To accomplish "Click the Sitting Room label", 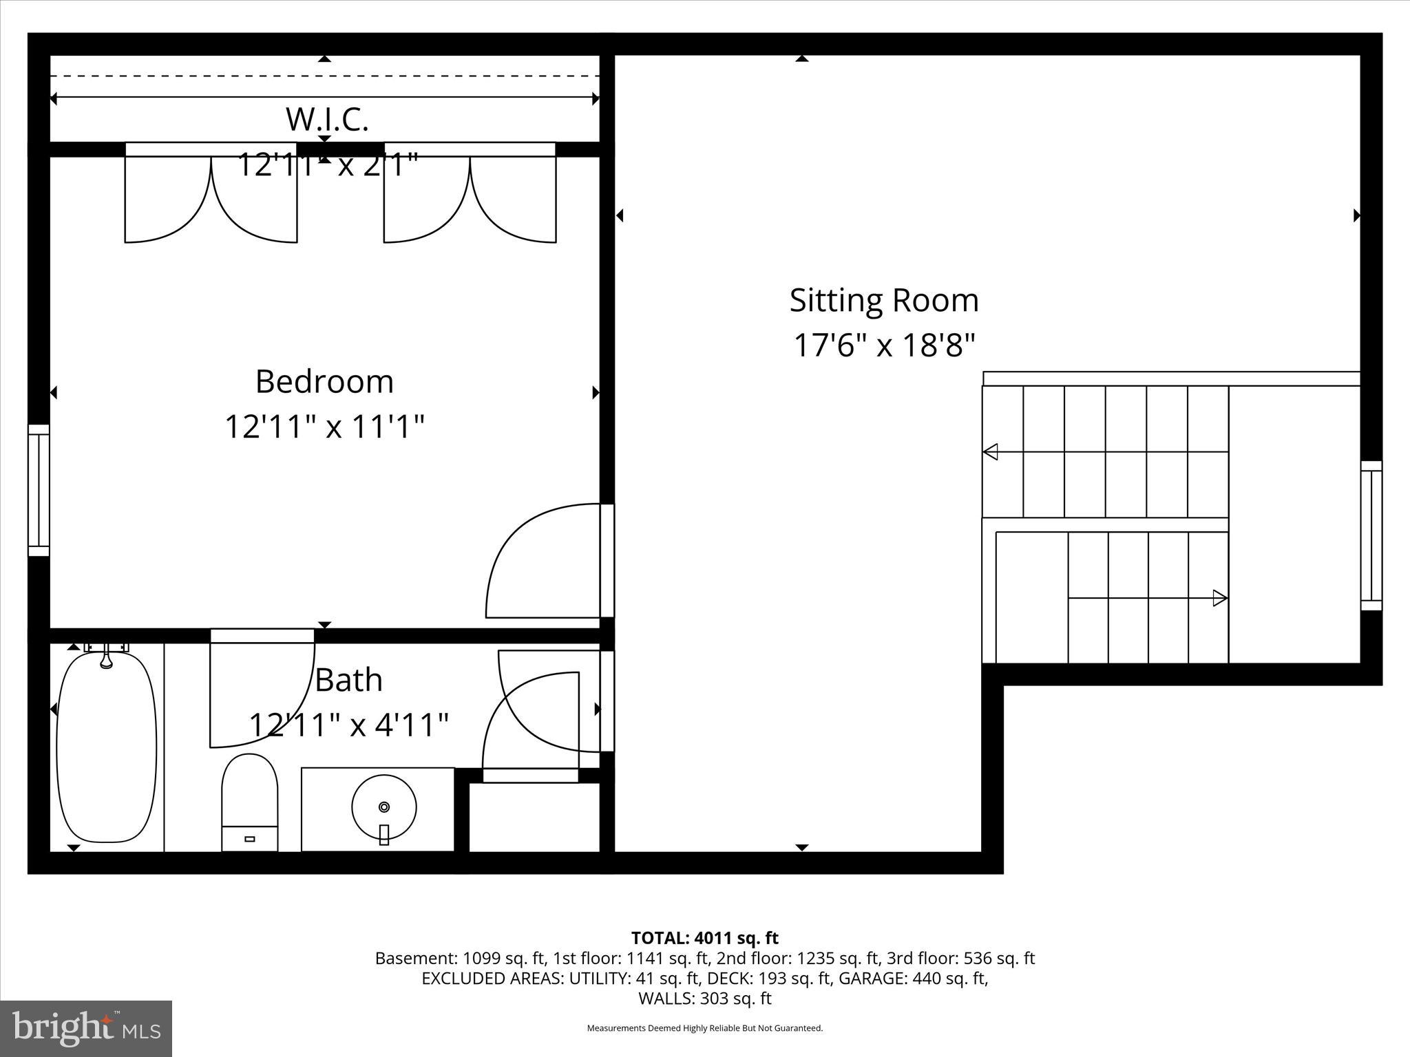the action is tap(884, 301).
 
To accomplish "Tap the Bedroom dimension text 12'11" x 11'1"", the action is tap(324, 427).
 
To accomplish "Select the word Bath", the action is tap(348, 680).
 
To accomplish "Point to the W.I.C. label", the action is tap(327, 120).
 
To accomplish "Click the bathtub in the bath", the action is tap(107, 748).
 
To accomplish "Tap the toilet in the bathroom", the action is tap(249, 802).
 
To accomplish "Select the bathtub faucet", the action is tap(106, 655).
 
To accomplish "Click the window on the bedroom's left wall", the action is tap(39, 490).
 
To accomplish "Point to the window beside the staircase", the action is tap(1371, 535).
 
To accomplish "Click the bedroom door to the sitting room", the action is tap(544, 561).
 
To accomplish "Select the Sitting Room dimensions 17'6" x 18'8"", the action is tap(885, 345).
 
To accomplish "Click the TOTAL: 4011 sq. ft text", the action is tap(705, 938).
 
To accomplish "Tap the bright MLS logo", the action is tap(86, 1029).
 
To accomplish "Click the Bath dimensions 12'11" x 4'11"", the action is tap(348, 725).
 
